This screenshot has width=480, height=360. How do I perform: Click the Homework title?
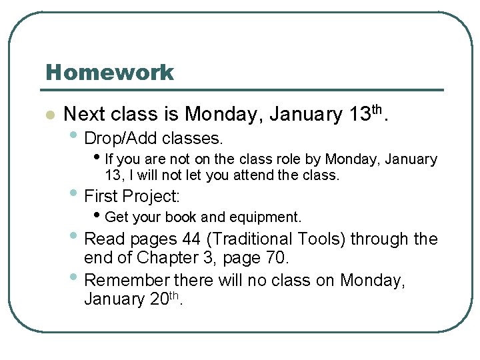click(109, 72)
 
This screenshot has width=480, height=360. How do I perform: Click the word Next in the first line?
click(85, 115)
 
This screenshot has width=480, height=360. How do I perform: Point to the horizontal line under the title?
click(244, 90)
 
